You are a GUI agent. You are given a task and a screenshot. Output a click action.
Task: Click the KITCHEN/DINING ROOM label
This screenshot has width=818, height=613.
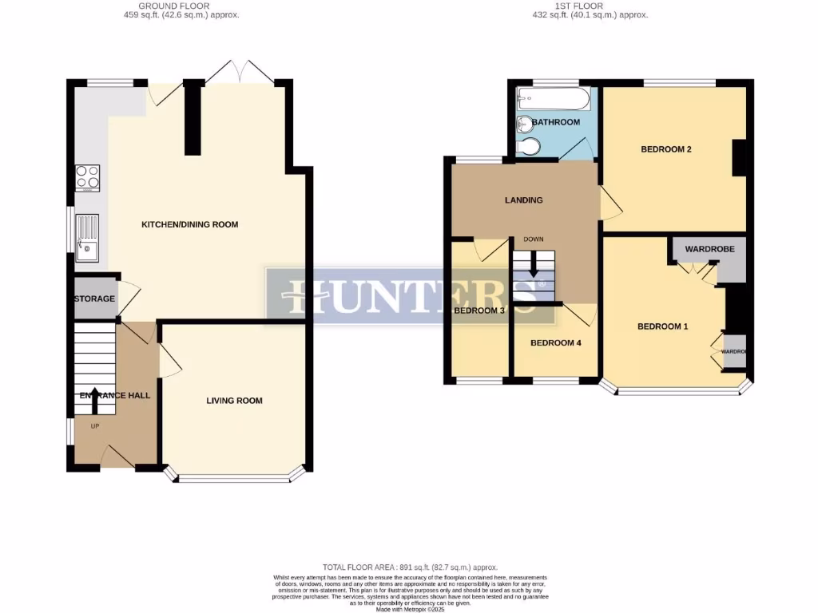click(x=189, y=224)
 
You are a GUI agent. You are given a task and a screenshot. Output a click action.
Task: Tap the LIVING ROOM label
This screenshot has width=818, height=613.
click(x=234, y=401)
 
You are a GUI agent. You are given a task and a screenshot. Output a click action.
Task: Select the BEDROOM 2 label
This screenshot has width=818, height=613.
click(x=665, y=149)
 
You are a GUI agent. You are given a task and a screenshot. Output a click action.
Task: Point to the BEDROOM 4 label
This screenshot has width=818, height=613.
click(x=556, y=343)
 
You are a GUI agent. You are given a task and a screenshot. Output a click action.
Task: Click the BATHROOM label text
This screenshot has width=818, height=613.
click(x=556, y=122)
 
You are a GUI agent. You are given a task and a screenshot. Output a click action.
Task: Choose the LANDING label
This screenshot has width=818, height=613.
click(x=523, y=200)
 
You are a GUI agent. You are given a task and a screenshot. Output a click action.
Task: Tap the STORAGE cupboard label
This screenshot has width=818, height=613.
click(x=94, y=299)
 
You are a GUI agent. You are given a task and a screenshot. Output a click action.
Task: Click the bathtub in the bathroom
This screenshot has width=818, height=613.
click(x=553, y=100)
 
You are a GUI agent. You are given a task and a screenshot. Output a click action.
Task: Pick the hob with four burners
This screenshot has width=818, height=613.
click(x=87, y=176)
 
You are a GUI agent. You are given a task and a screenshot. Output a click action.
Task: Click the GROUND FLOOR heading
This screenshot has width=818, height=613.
click(x=174, y=6)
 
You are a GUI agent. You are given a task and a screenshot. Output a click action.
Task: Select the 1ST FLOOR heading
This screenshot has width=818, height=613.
click(x=590, y=6)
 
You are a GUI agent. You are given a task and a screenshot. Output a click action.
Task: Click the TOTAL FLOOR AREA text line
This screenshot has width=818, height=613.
click(x=410, y=566)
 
